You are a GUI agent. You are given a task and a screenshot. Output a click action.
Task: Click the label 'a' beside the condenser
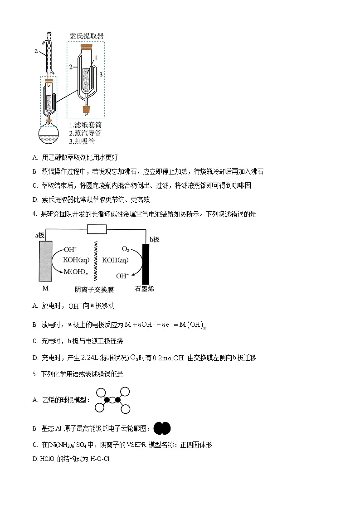coord(36,51)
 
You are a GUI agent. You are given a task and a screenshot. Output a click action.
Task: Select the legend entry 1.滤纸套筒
coord(85,125)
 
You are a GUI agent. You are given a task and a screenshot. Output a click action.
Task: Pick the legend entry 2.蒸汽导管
coord(85,133)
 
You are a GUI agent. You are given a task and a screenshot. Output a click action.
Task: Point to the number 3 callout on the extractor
coord(101,74)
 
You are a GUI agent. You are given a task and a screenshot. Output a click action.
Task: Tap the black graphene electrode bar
coord(146,263)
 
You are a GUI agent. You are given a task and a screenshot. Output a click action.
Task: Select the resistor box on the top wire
coord(96,230)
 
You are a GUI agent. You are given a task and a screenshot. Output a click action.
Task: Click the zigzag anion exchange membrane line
coord(96,261)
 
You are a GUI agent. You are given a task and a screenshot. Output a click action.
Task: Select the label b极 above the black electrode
coord(155,239)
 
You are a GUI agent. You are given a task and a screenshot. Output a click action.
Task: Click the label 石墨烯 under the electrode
coord(145,289)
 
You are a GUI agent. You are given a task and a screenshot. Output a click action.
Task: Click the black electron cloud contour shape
coord(162,428)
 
